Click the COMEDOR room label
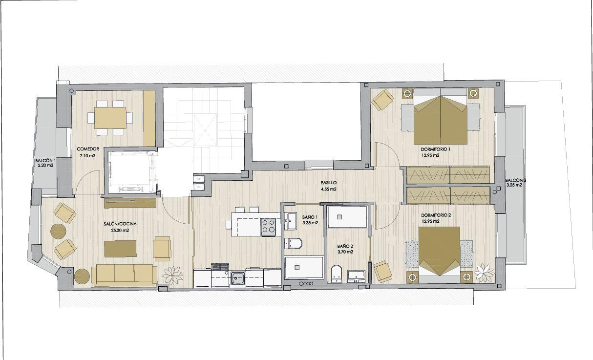87,149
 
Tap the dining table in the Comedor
110,118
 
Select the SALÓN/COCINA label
120,224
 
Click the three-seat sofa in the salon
125,275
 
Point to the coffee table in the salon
121,249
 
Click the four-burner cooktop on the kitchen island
268,227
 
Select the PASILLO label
329,183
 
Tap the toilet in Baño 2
337,274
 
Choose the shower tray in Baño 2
347,217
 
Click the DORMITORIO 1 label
436,149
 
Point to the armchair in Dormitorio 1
382,100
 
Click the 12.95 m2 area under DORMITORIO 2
430,221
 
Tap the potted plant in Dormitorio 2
484,273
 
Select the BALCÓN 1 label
45,161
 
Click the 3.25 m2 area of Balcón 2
514,185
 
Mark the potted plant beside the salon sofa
172,275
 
